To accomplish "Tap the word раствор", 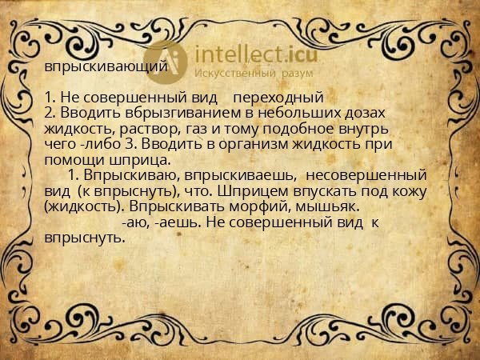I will [142, 128].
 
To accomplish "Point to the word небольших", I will [294, 113].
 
